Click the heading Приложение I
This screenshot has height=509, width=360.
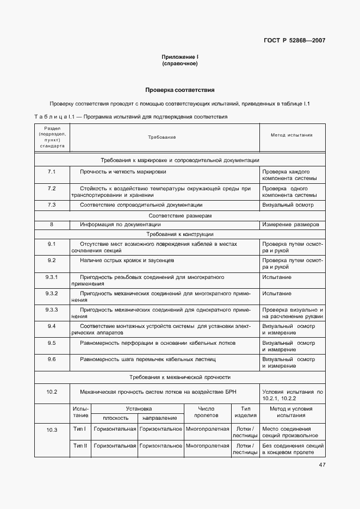(179, 57)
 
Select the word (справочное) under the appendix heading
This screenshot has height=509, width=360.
(179, 64)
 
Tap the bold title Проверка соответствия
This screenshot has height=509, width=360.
(179, 90)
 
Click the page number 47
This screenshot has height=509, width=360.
(322, 464)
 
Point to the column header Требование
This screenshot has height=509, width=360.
(162, 137)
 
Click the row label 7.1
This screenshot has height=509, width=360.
(52, 172)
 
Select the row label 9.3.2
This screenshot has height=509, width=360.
(52, 293)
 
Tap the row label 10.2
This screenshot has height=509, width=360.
(52, 391)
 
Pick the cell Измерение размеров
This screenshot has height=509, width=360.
(290, 224)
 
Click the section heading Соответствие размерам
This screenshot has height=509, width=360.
(179, 215)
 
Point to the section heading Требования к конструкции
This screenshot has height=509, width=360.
(179, 233)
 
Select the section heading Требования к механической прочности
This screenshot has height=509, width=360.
(179, 376)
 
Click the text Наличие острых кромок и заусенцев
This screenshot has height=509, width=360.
(134, 260)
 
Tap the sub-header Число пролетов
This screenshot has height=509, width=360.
(207, 412)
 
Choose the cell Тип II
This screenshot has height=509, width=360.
(80, 445)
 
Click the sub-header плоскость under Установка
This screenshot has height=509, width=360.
(114, 418)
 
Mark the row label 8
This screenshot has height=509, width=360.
(52, 224)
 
